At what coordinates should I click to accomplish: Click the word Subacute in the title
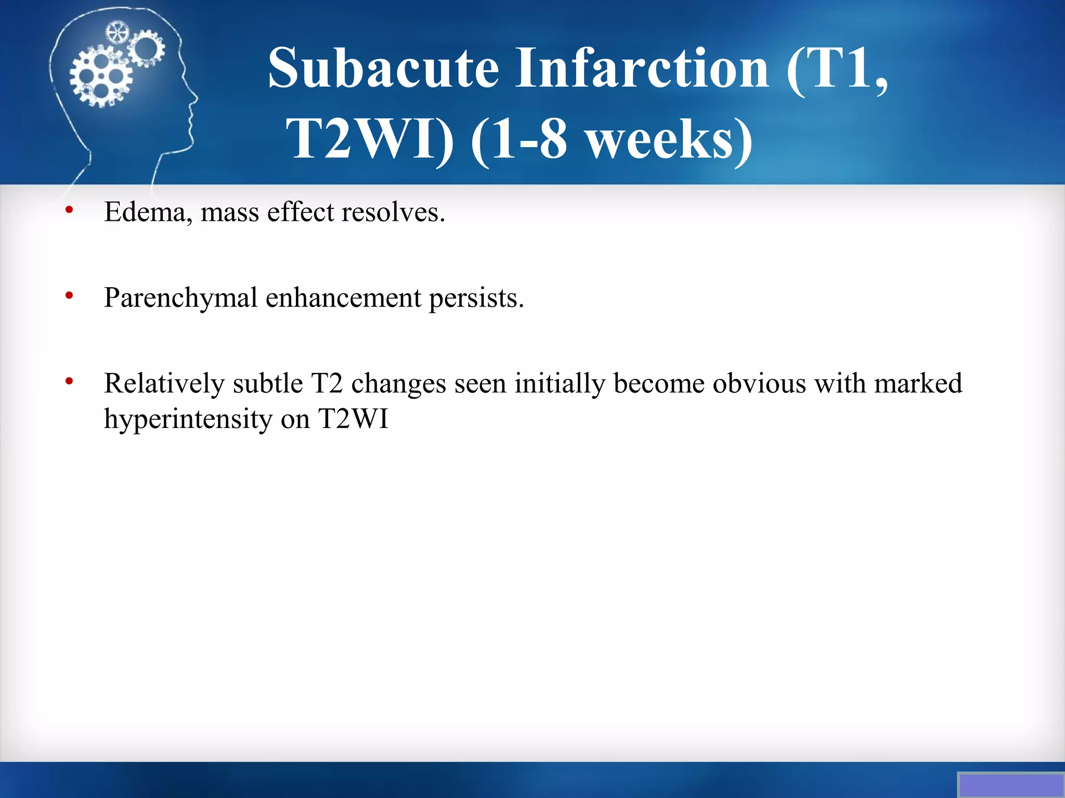click(384, 69)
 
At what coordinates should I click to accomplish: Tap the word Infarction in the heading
click(642, 69)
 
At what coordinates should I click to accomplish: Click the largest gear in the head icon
click(101, 76)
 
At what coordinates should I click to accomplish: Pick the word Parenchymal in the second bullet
click(180, 298)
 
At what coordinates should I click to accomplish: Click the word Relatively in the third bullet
click(164, 383)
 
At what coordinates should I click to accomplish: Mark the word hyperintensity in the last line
click(188, 419)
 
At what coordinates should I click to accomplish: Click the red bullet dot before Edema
click(69, 210)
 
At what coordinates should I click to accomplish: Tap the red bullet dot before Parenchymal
click(69, 296)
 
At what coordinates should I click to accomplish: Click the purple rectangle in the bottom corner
click(1010, 784)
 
